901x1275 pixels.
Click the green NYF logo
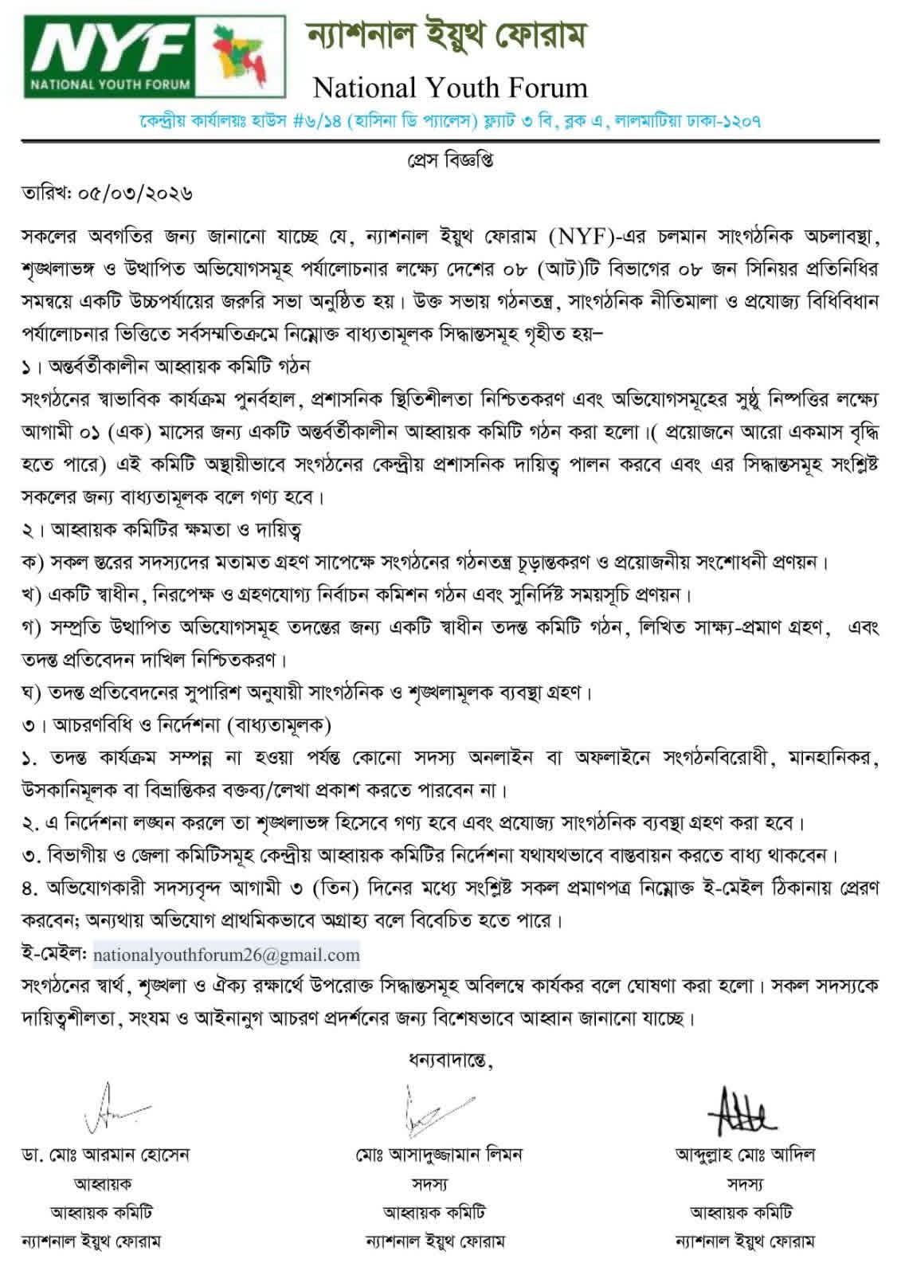(112, 57)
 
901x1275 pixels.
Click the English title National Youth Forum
(450, 87)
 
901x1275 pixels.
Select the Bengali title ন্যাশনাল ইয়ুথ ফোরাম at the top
(447, 37)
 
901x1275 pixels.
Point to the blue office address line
(450, 122)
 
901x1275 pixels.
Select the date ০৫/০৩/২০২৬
(132, 194)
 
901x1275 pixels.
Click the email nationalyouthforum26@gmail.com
(226, 955)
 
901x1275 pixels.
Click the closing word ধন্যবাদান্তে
(450, 1060)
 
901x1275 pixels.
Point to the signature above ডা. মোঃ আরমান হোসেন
(116, 1108)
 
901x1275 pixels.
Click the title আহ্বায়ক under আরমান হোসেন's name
(103, 1183)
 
